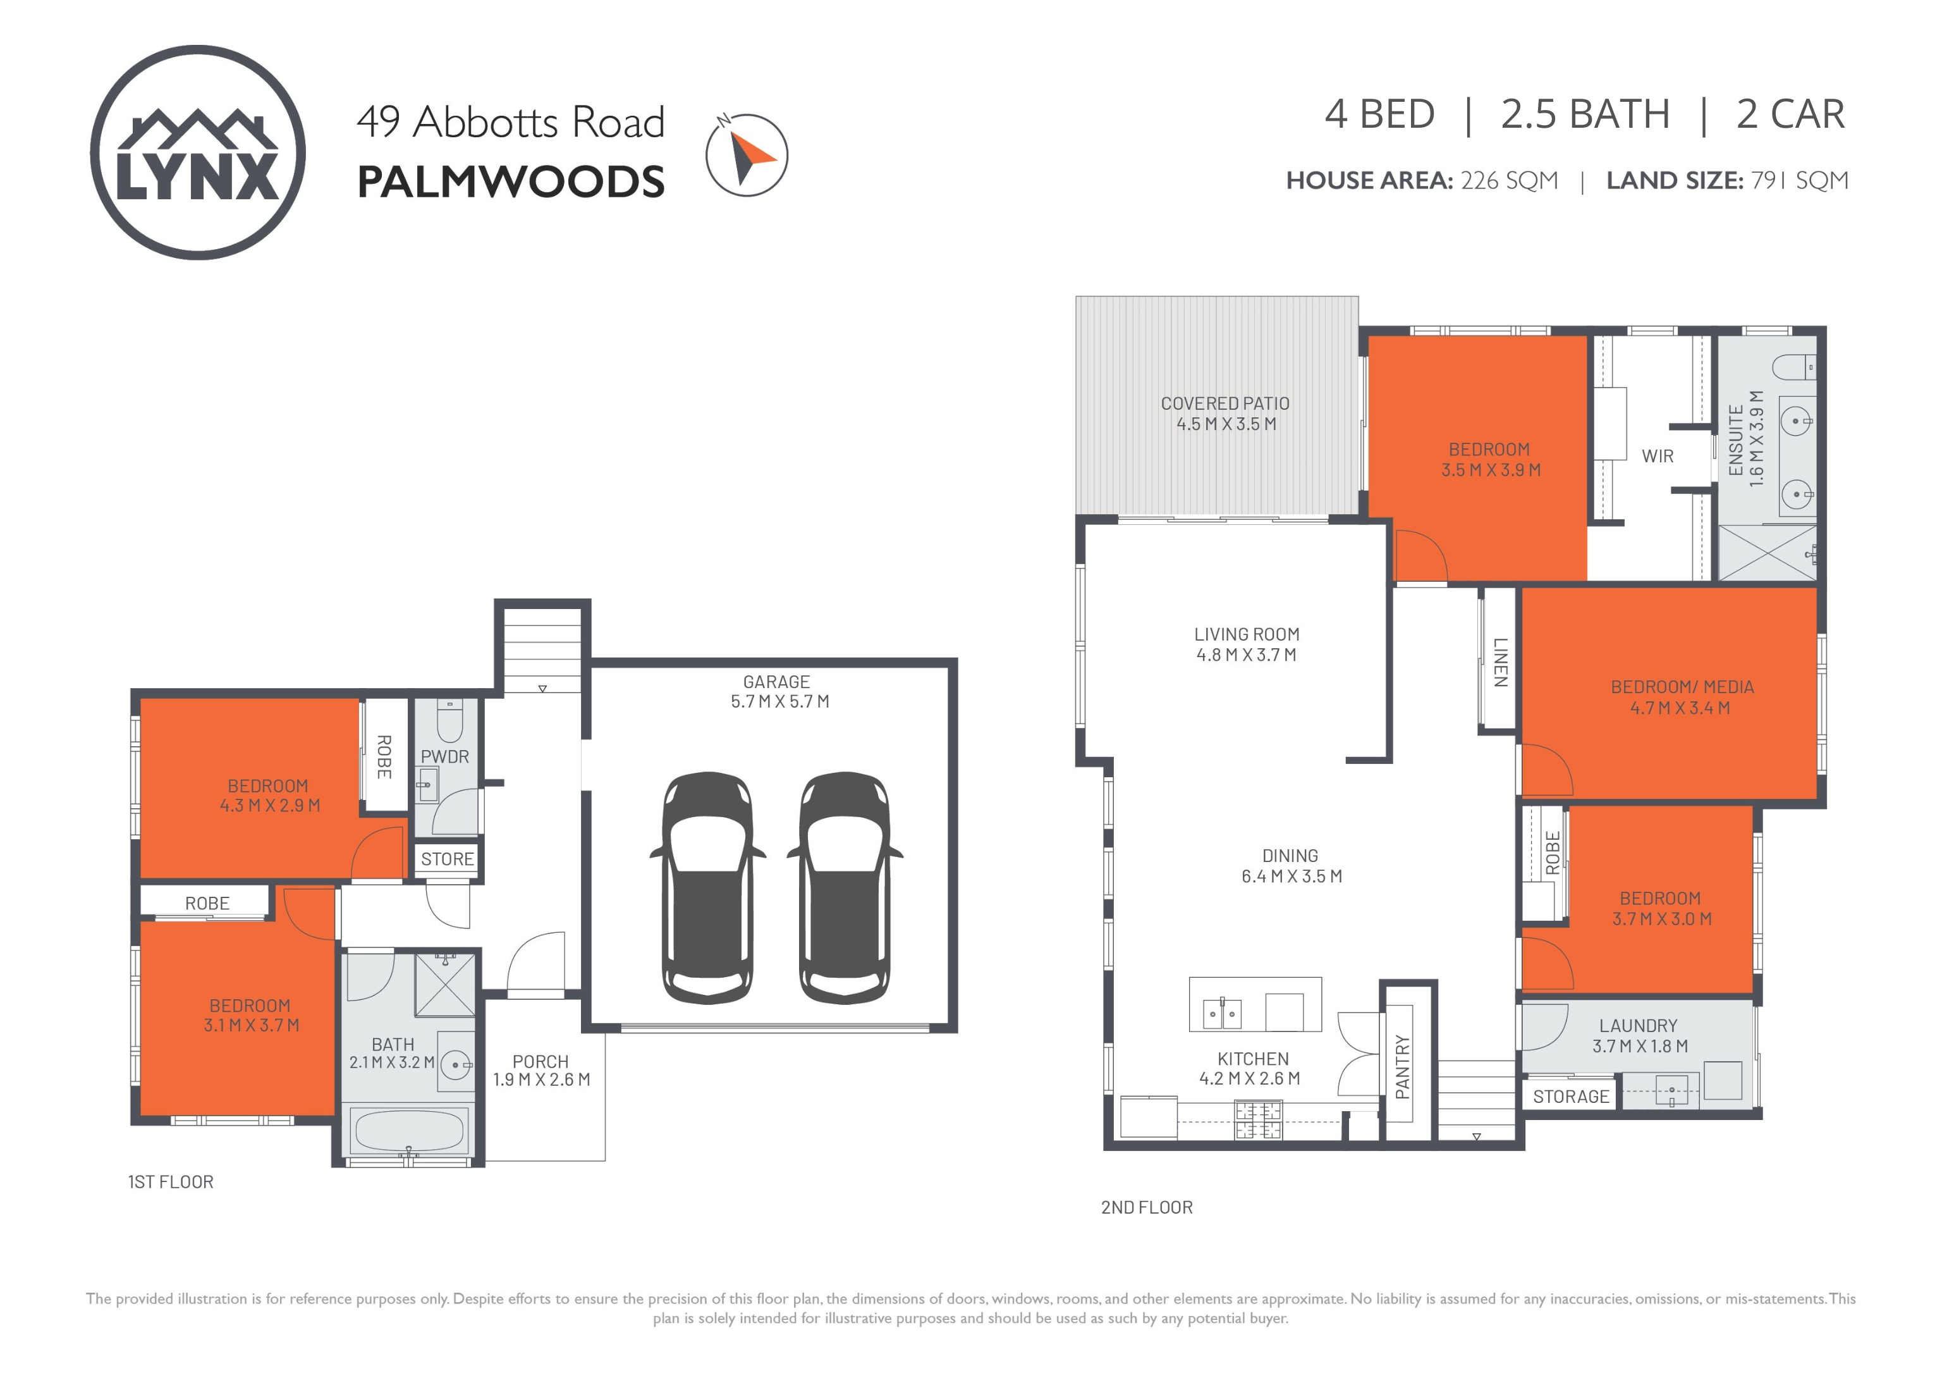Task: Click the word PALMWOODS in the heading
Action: pos(511,182)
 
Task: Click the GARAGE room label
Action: pos(776,682)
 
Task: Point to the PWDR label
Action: pos(445,757)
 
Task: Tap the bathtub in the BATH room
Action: pos(410,1131)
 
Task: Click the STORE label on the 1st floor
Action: pos(448,859)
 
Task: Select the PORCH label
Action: pos(540,1062)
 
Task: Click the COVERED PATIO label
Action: pos(1224,404)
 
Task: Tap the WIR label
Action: pos(1658,457)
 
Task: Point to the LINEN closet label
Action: pos(1501,662)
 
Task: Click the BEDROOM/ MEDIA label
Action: pos(1682,688)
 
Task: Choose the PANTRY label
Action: pos(1402,1067)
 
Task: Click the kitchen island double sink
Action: pos(1222,1013)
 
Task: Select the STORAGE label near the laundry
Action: pos(1571,1097)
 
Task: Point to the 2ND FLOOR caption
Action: pos(1147,1208)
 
